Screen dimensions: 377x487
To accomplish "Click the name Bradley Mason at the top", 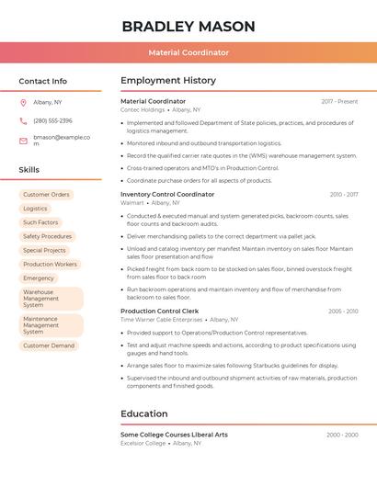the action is pyautogui.click(x=188, y=26).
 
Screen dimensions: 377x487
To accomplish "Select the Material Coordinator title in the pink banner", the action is pyautogui.click(x=188, y=52).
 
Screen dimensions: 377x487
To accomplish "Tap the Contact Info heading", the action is pyautogui.click(x=43, y=81).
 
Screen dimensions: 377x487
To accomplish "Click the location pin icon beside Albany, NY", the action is pyautogui.click(x=23, y=103).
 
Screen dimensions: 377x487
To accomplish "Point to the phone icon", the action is pyautogui.click(x=23, y=121).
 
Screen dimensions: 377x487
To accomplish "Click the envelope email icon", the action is pyautogui.click(x=23, y=141).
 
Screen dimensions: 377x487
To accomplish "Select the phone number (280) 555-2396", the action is pyautogui.click(x=52, y=121).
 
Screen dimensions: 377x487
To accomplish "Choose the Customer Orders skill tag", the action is pyautogui.click(x=46, y=195).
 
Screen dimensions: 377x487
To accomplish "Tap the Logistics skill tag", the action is pyautogui.click(x=35, y=209).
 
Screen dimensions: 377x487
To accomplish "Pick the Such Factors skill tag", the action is pyautogui.click(x=40, y=222).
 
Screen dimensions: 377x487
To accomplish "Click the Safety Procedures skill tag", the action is pyautogui.click(x=47, y=236).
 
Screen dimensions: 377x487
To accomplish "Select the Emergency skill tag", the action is pyautogui.click(x=39, y=277).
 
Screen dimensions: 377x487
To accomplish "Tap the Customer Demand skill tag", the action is pyautogui.click(x=49, y=345).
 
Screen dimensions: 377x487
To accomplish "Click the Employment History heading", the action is pyautogui.click(x=168, y=81).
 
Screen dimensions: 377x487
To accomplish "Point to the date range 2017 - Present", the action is pyautogui.click(x=339, y=102).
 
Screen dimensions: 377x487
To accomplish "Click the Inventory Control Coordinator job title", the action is pyautogui.click(x=167, y=195).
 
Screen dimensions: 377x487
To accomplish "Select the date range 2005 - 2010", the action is pyautogui.click(x=343, y=311).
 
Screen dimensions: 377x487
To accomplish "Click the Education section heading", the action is pyautogui.click(x=144, y=413).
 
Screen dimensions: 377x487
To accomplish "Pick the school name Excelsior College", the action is pyautogui.click(x=143, y=443).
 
